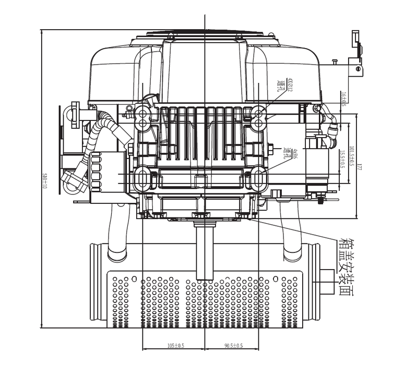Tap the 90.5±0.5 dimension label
point(233,346)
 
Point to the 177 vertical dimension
point(360,167)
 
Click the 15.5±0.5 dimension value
point(342,159)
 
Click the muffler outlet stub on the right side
point(327,282)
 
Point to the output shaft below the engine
point(205,250)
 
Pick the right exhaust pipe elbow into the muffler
point(292,235)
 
